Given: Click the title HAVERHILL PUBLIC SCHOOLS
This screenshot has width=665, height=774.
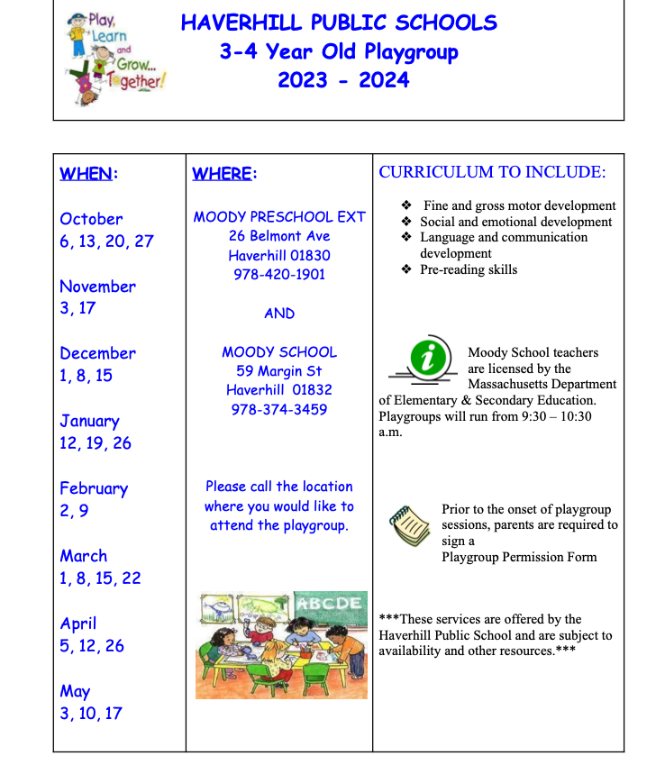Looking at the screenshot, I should [339, 23].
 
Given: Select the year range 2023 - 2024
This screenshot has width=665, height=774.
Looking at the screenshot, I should [343, 80].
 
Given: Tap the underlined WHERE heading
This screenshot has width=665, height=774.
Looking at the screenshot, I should [224, 174].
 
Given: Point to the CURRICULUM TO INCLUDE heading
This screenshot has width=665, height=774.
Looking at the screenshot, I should [492, 172].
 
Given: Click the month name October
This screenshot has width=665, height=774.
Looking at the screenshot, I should [91, 219].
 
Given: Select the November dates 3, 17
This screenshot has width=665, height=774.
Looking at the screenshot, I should [77, 308].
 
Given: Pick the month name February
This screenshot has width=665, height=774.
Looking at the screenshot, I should [94, 488].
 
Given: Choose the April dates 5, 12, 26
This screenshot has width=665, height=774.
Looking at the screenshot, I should [92, 646].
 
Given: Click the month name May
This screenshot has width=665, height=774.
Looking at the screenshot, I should [75, 691].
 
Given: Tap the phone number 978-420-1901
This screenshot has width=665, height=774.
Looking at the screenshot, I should [279, 275].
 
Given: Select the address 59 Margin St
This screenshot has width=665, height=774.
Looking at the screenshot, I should [279, 371].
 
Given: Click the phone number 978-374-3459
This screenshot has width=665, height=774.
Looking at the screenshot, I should [279, 410].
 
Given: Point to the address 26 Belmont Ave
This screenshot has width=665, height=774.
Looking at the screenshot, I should [279, 236].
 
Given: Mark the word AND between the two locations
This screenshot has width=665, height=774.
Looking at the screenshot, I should [279, 314].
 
